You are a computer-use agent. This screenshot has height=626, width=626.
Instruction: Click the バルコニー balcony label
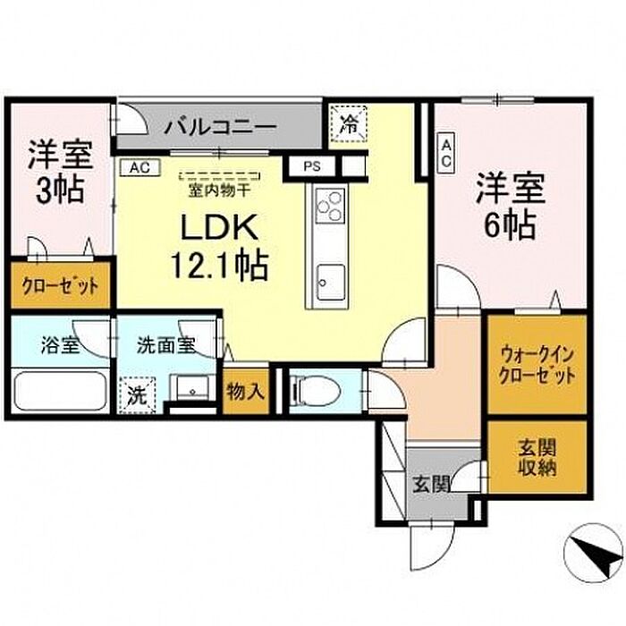(x=219, y=127)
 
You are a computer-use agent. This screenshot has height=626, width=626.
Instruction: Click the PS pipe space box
(x=311, y=165)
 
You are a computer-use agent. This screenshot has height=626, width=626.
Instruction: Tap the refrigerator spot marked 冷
(x=349, y=124)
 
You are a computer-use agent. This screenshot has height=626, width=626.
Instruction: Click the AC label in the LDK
(x=140, y=166)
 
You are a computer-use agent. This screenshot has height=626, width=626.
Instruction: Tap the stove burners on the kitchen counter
(x=328, y=207)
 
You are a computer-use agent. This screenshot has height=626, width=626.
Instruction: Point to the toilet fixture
(x=313, y=390)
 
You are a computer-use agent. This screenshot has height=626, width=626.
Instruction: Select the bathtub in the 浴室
(x=58, y=391)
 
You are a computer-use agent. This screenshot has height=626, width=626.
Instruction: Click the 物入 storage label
(x=245, y=390)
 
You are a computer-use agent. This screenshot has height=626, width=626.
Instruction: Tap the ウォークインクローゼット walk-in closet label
(x=537, y=364)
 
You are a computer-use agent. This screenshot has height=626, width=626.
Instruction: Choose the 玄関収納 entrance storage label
(x=537, y=456)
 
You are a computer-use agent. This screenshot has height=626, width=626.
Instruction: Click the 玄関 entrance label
(x=431, y=486)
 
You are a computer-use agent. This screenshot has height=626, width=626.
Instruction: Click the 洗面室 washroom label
(x=166, y=344)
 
